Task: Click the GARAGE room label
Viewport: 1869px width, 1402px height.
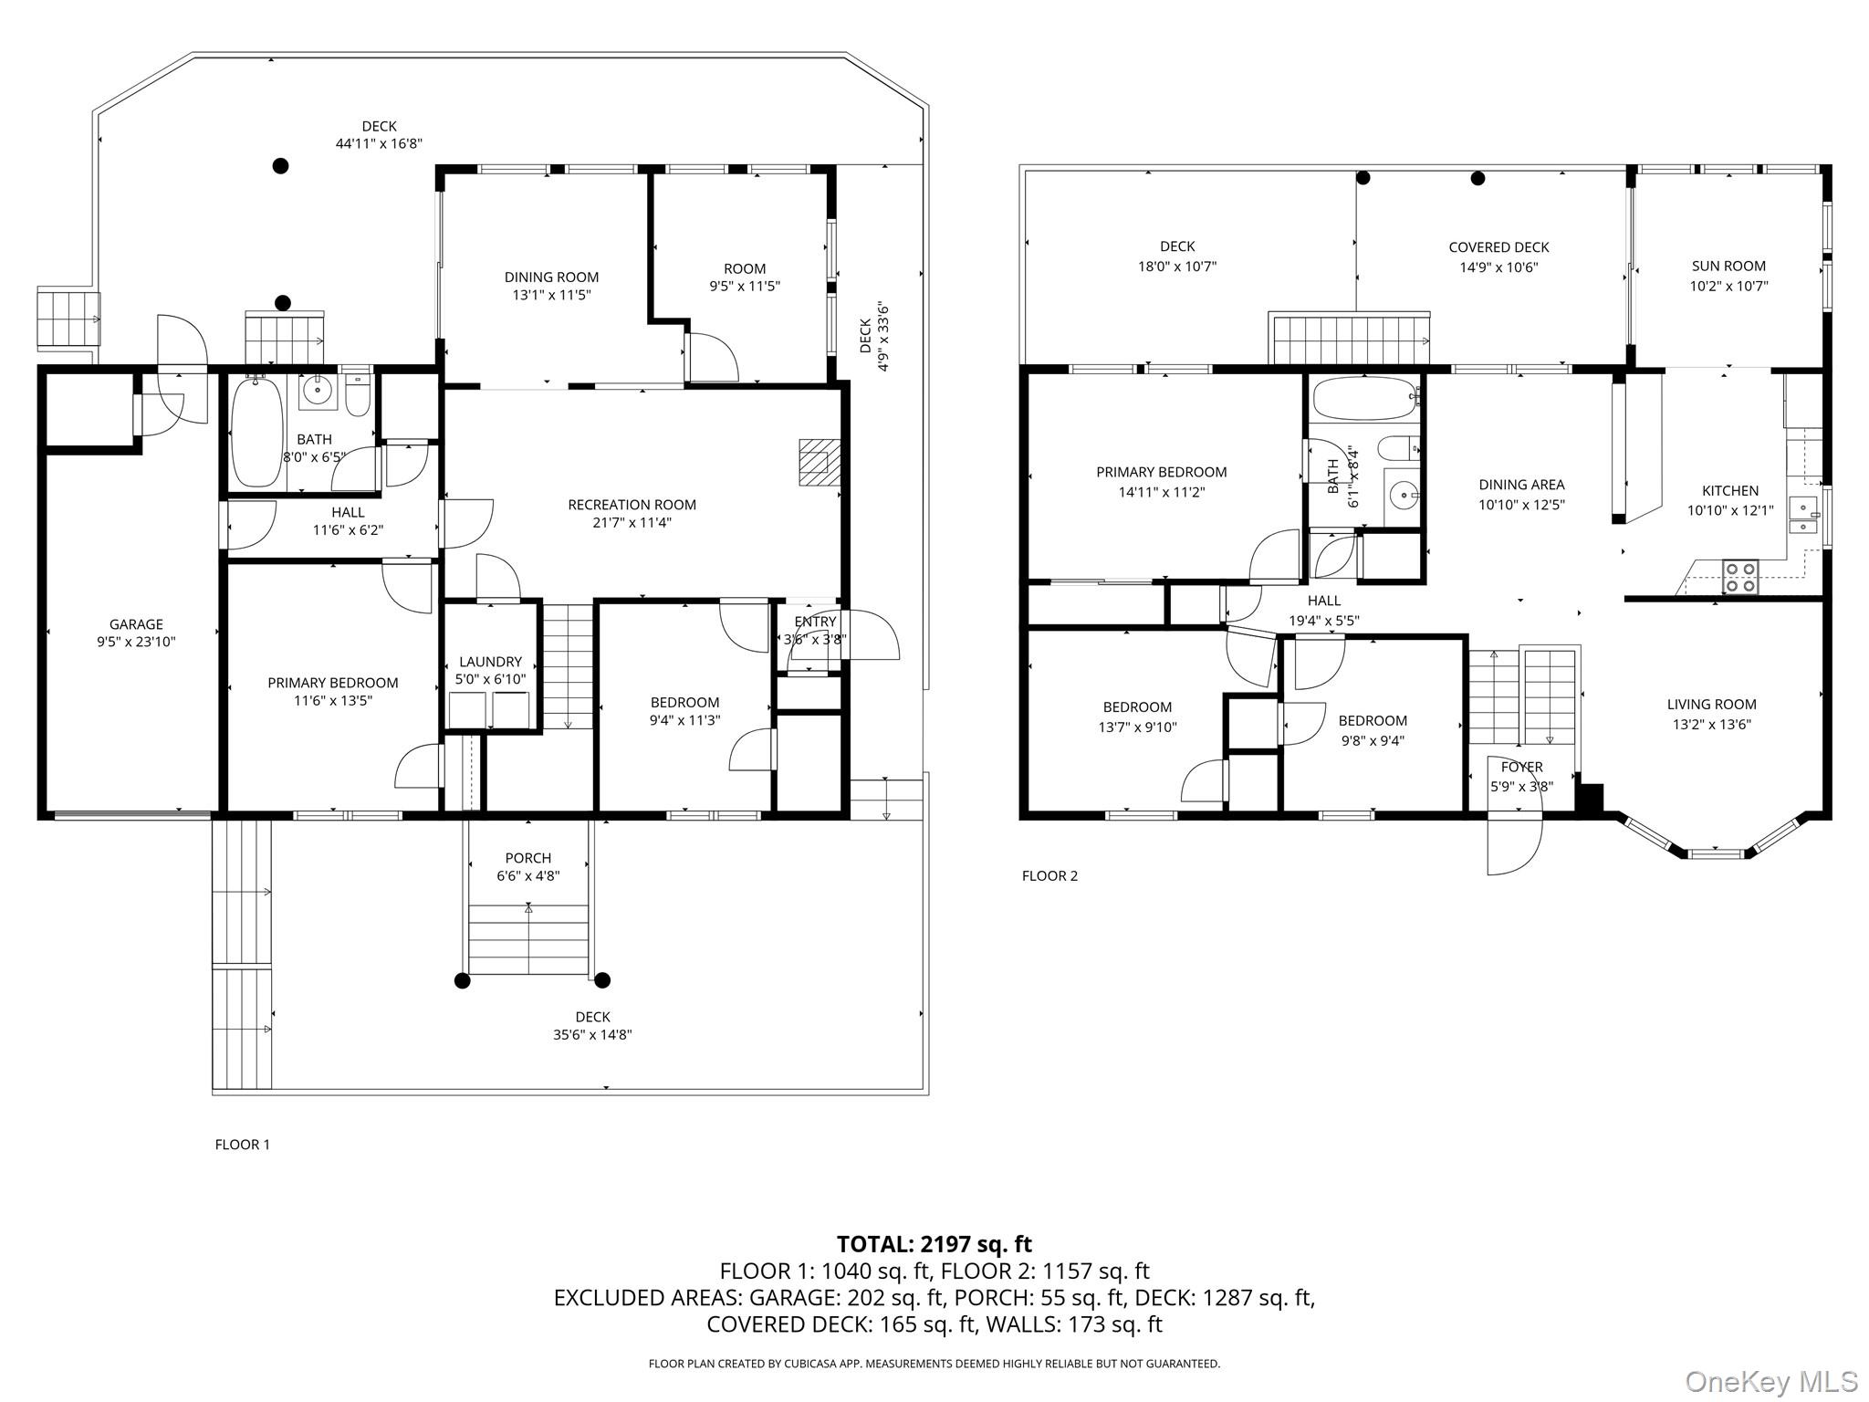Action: point(136,624)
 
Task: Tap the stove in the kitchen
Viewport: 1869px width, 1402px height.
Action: point(1739,577)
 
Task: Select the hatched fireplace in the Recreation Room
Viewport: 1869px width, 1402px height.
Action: point(819,462)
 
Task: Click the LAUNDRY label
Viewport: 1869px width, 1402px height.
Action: point(490,662)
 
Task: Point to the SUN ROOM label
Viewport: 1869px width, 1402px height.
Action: point(1728,267)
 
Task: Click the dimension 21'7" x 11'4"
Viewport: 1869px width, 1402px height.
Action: point(632,523)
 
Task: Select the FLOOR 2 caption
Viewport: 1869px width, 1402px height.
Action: point(1049,876)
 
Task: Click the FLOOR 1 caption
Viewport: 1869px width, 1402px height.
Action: point(242,1145)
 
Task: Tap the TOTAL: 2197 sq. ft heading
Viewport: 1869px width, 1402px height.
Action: point(934,1244)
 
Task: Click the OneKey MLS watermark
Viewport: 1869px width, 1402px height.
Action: point(1770,1381)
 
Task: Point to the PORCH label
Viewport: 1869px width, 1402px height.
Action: point(527,858)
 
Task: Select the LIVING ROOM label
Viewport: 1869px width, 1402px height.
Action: point(1711,705)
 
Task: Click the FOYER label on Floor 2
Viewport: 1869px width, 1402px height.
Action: point(1521,767)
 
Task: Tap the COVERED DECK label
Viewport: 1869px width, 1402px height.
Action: point(1498,247)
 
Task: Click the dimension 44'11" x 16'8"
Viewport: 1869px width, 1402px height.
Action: point(379,143)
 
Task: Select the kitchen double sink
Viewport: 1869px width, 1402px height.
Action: point(1801,516)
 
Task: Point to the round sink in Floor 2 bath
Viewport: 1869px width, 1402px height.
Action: point(1403,497)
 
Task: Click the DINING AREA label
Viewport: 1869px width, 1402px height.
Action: point(1521,485)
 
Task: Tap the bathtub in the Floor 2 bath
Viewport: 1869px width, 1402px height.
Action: point(1363,399)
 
